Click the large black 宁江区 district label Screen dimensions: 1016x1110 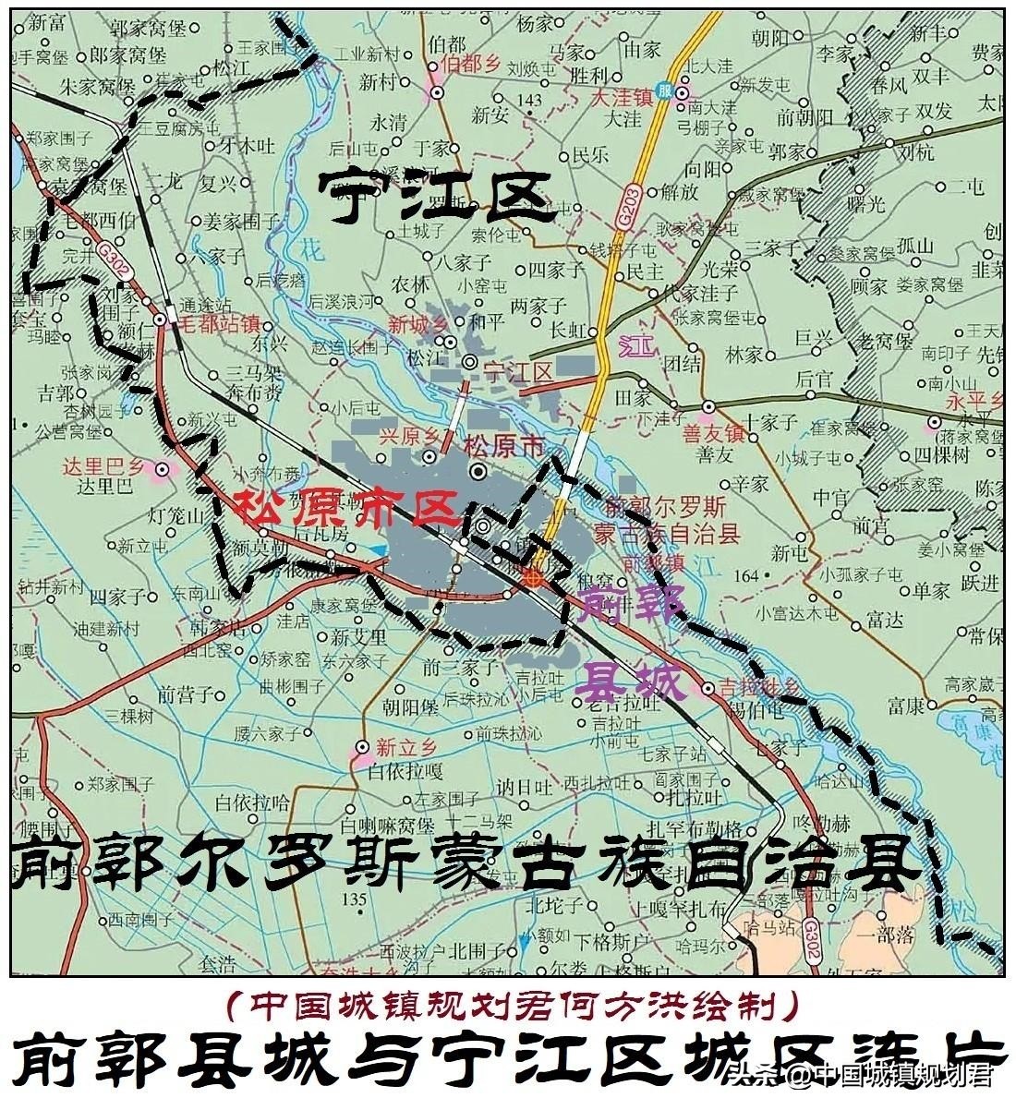pos(435,196)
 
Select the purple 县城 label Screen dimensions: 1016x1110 pos(631,682)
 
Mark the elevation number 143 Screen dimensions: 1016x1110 pos(531,99)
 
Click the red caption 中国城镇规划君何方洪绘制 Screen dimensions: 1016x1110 pos(510,1004)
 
